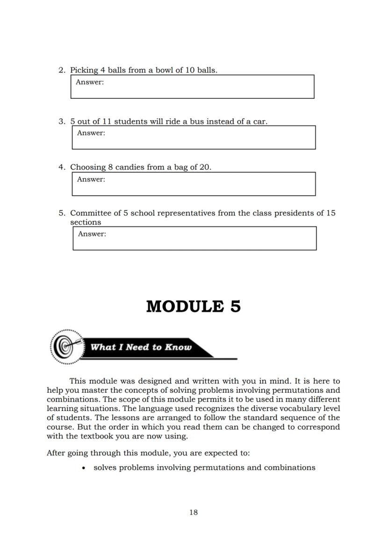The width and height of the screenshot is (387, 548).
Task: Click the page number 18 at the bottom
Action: pos(193,512)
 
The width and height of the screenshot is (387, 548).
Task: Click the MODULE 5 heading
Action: pos(193,307)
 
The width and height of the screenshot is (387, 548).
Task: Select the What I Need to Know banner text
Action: pos(141,347)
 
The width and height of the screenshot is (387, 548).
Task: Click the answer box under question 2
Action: pos(192,87)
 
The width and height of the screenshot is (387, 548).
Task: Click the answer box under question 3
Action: pos(193,138)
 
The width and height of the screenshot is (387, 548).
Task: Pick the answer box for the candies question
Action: pos(193,184)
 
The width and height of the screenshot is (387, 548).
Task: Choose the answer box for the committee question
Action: pos(194,238)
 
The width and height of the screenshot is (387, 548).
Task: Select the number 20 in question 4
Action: pos(205,167)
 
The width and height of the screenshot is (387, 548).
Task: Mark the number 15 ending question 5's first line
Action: pos(331,213)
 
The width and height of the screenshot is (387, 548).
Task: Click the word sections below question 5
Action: pos(86,222)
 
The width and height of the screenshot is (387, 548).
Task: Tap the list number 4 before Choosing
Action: pos(61,167)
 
